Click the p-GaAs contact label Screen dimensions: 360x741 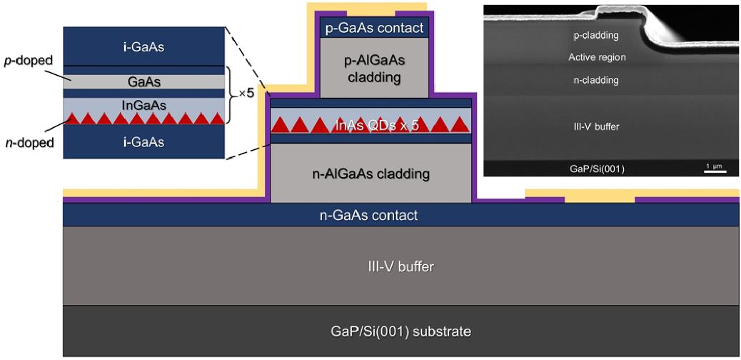click(375, 29)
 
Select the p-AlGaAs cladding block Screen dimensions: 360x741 click(375, 68)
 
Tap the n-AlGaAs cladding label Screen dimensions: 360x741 click(371, 173)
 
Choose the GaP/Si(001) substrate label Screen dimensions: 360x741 click(400, 331)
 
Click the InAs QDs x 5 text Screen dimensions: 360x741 click(371, 126)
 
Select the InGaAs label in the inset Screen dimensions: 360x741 click(144, 105)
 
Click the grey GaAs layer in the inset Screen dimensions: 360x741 click(144, 81)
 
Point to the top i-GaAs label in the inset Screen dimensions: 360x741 click(144, 47)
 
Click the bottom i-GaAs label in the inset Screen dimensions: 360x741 click(144, 142)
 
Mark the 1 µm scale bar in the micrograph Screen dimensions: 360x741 click(715, 171)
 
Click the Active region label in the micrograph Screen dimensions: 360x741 click(597, 57)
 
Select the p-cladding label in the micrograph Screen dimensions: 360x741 click(597, 34)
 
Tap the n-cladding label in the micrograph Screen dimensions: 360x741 click(597, 79)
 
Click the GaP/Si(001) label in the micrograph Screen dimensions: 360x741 click(597, 168)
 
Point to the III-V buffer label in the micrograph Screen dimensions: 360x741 click(597, 126)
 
